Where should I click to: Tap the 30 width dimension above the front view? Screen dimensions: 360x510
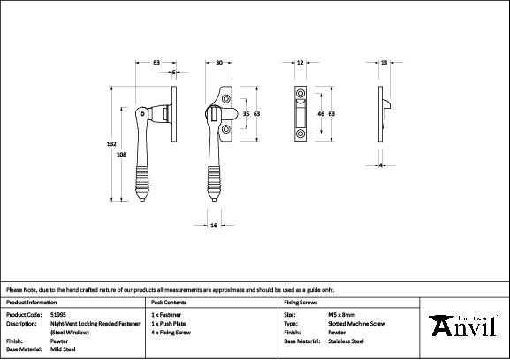tap(219, 63)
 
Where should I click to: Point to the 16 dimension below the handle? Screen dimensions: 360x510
tap(215, 226)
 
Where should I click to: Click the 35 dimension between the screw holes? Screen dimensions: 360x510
tap(247, 115)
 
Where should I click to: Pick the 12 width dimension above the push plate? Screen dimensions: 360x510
tap(301, 63)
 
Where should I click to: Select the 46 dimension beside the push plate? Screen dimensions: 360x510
tap(320, 115)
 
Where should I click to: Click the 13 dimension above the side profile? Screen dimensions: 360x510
tap(384, 63)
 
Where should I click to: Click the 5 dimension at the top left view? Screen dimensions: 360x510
tap(174, 73)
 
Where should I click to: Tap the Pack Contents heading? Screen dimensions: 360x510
tap(169, 302)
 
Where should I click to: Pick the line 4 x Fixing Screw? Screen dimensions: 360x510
tap(173, 332)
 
